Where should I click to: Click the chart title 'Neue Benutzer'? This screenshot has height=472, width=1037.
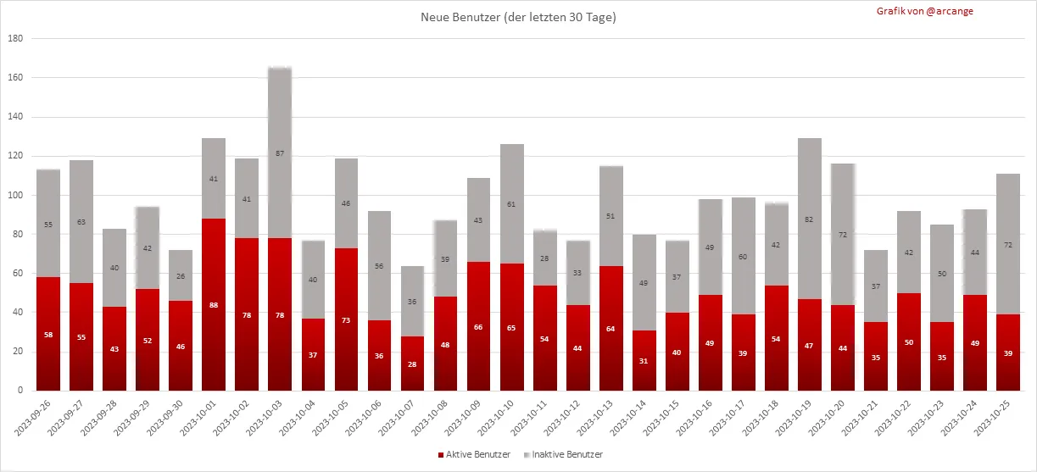(518, 17)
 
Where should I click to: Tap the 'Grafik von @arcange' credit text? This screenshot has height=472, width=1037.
(925, 11)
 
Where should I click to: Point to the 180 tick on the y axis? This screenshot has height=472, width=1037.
(15, 39)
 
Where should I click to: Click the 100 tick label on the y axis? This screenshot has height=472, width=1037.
(15, 196)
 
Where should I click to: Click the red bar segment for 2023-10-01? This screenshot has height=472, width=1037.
(214, 314)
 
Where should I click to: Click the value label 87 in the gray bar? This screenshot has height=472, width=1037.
(280, 153)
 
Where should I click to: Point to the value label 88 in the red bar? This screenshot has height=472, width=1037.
(214, 305)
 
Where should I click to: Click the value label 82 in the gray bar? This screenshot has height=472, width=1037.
(810, 219)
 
